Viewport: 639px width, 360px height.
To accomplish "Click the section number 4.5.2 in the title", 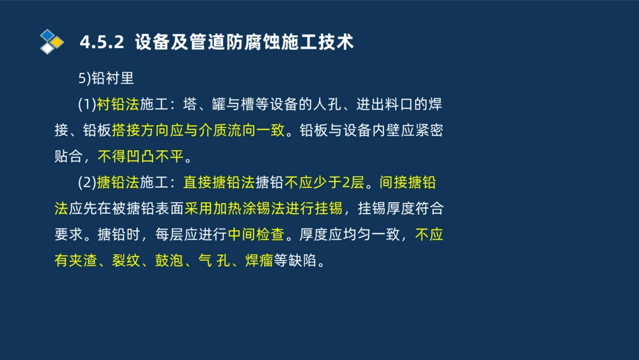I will (102, 43).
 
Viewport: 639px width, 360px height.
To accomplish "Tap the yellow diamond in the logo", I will (58, 42).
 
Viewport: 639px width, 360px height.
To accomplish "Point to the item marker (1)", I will (87, 104).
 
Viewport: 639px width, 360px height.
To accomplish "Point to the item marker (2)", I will (87, 183).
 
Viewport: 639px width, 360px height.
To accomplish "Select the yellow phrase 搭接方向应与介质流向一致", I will (197, 130).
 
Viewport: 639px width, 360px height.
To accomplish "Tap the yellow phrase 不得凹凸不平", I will (140, 157).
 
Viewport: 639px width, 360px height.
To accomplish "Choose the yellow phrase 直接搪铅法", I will (219, 183).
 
